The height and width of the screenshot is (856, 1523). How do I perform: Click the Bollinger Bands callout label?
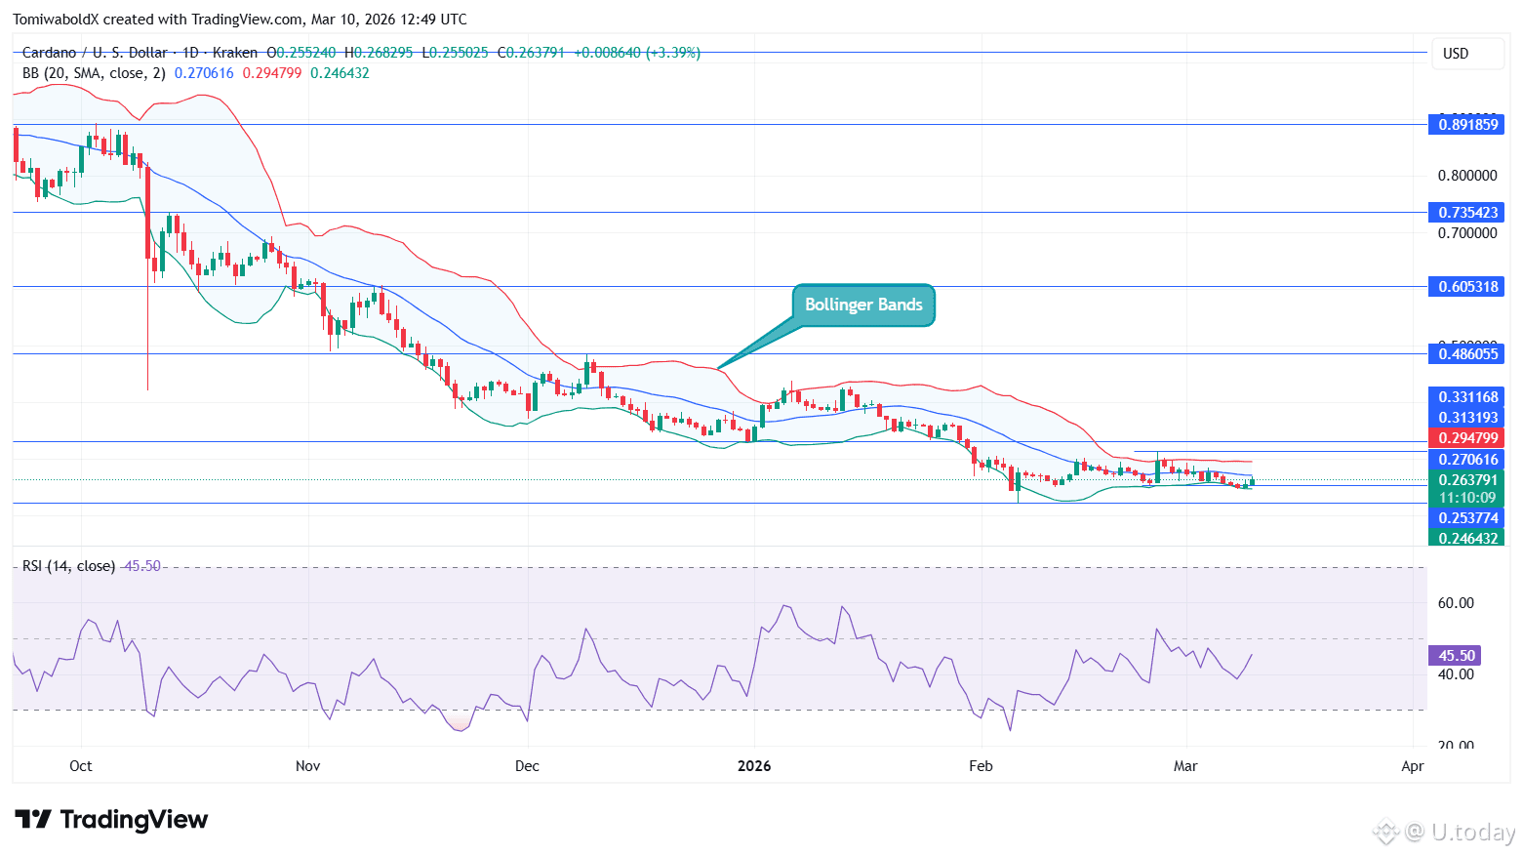(862, 306)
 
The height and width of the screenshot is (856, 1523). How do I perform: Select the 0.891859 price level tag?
(1466, 124)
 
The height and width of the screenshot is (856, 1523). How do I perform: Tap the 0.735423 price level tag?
(1466, 212)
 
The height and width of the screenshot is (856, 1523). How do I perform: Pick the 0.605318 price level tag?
(1466, 287)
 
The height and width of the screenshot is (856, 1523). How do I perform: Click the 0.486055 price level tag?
(1466, 354)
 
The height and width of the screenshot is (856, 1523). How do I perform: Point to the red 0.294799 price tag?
(1466, 438)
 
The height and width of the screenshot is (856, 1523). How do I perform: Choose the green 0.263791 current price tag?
(1466, 480)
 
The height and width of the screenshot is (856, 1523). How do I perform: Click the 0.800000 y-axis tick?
(1466, 176)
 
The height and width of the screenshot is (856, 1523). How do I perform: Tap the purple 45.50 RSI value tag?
(1455, 656)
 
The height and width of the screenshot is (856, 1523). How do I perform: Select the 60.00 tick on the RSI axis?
(1455, 603)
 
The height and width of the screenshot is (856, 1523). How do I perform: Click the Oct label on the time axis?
(81, 766)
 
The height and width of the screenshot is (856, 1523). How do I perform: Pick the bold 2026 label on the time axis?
(754, 766)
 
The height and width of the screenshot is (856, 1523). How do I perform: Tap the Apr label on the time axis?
(1412, 766)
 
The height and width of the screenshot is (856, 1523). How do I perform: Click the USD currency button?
(1456, 54)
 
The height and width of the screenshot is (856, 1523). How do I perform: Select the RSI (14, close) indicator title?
(68, 566)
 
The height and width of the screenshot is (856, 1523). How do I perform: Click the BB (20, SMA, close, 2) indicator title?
(94, 73)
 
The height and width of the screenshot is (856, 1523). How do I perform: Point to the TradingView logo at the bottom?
(111, 820)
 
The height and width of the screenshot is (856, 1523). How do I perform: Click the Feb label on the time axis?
(981, 766)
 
